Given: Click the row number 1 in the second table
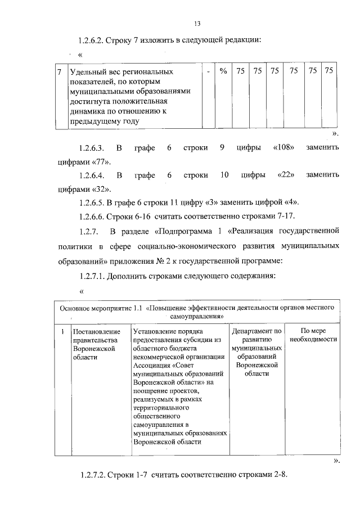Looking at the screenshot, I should click(x=62, y=332).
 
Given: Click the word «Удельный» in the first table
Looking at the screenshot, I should click(x=85, y=72).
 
